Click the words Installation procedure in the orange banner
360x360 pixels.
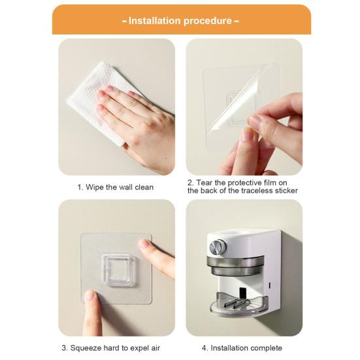(180, 20)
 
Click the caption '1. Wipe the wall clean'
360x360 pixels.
(116, 188)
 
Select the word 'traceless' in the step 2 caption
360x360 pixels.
(255, 191)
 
